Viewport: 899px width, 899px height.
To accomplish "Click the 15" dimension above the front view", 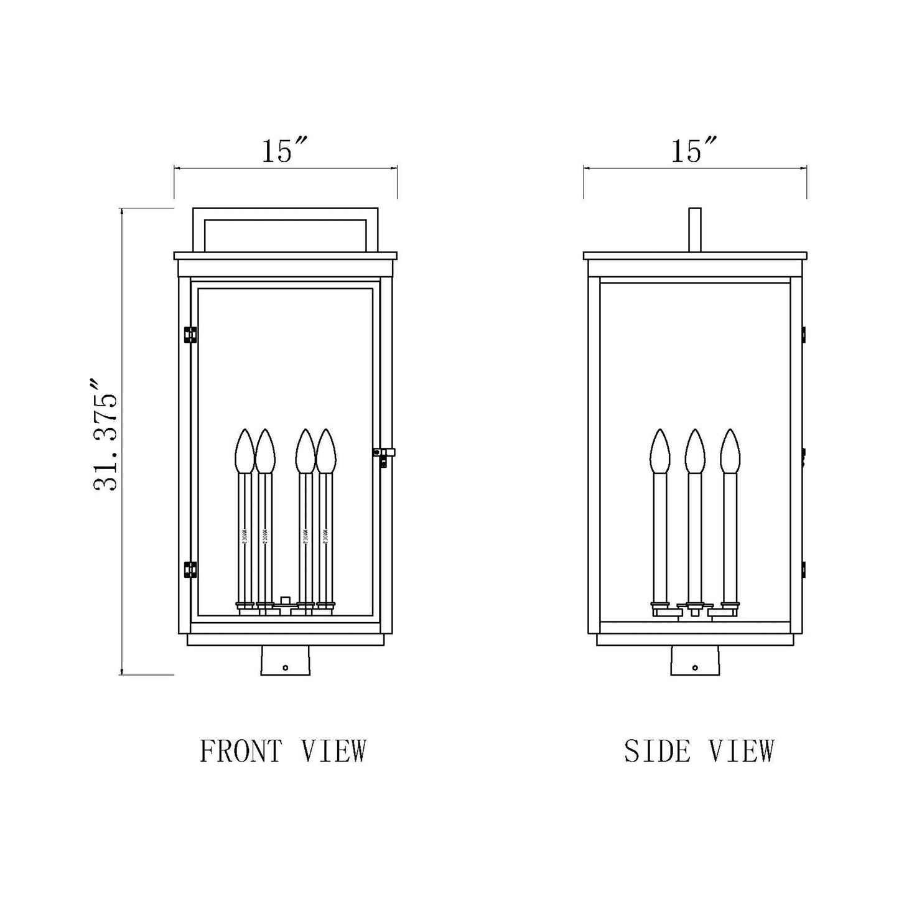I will point(284,151).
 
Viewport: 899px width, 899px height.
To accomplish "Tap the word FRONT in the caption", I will point(240,751).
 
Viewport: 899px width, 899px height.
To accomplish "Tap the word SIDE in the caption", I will point(658,751).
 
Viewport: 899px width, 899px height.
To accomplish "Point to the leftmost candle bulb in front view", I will point(245,450).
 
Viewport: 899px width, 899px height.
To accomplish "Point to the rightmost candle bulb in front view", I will point(325,450).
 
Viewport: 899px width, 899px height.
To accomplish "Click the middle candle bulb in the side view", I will point(694,450).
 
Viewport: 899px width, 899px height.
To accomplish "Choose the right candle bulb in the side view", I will point(730,450).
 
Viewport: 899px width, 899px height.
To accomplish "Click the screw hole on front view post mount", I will point(285,668).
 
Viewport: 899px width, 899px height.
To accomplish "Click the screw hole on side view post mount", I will point(695,668).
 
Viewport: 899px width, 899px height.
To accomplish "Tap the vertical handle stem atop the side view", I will point(695,230).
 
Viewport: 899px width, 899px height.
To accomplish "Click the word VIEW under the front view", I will point(333,751).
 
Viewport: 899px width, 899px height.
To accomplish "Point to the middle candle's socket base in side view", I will point(694,607).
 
